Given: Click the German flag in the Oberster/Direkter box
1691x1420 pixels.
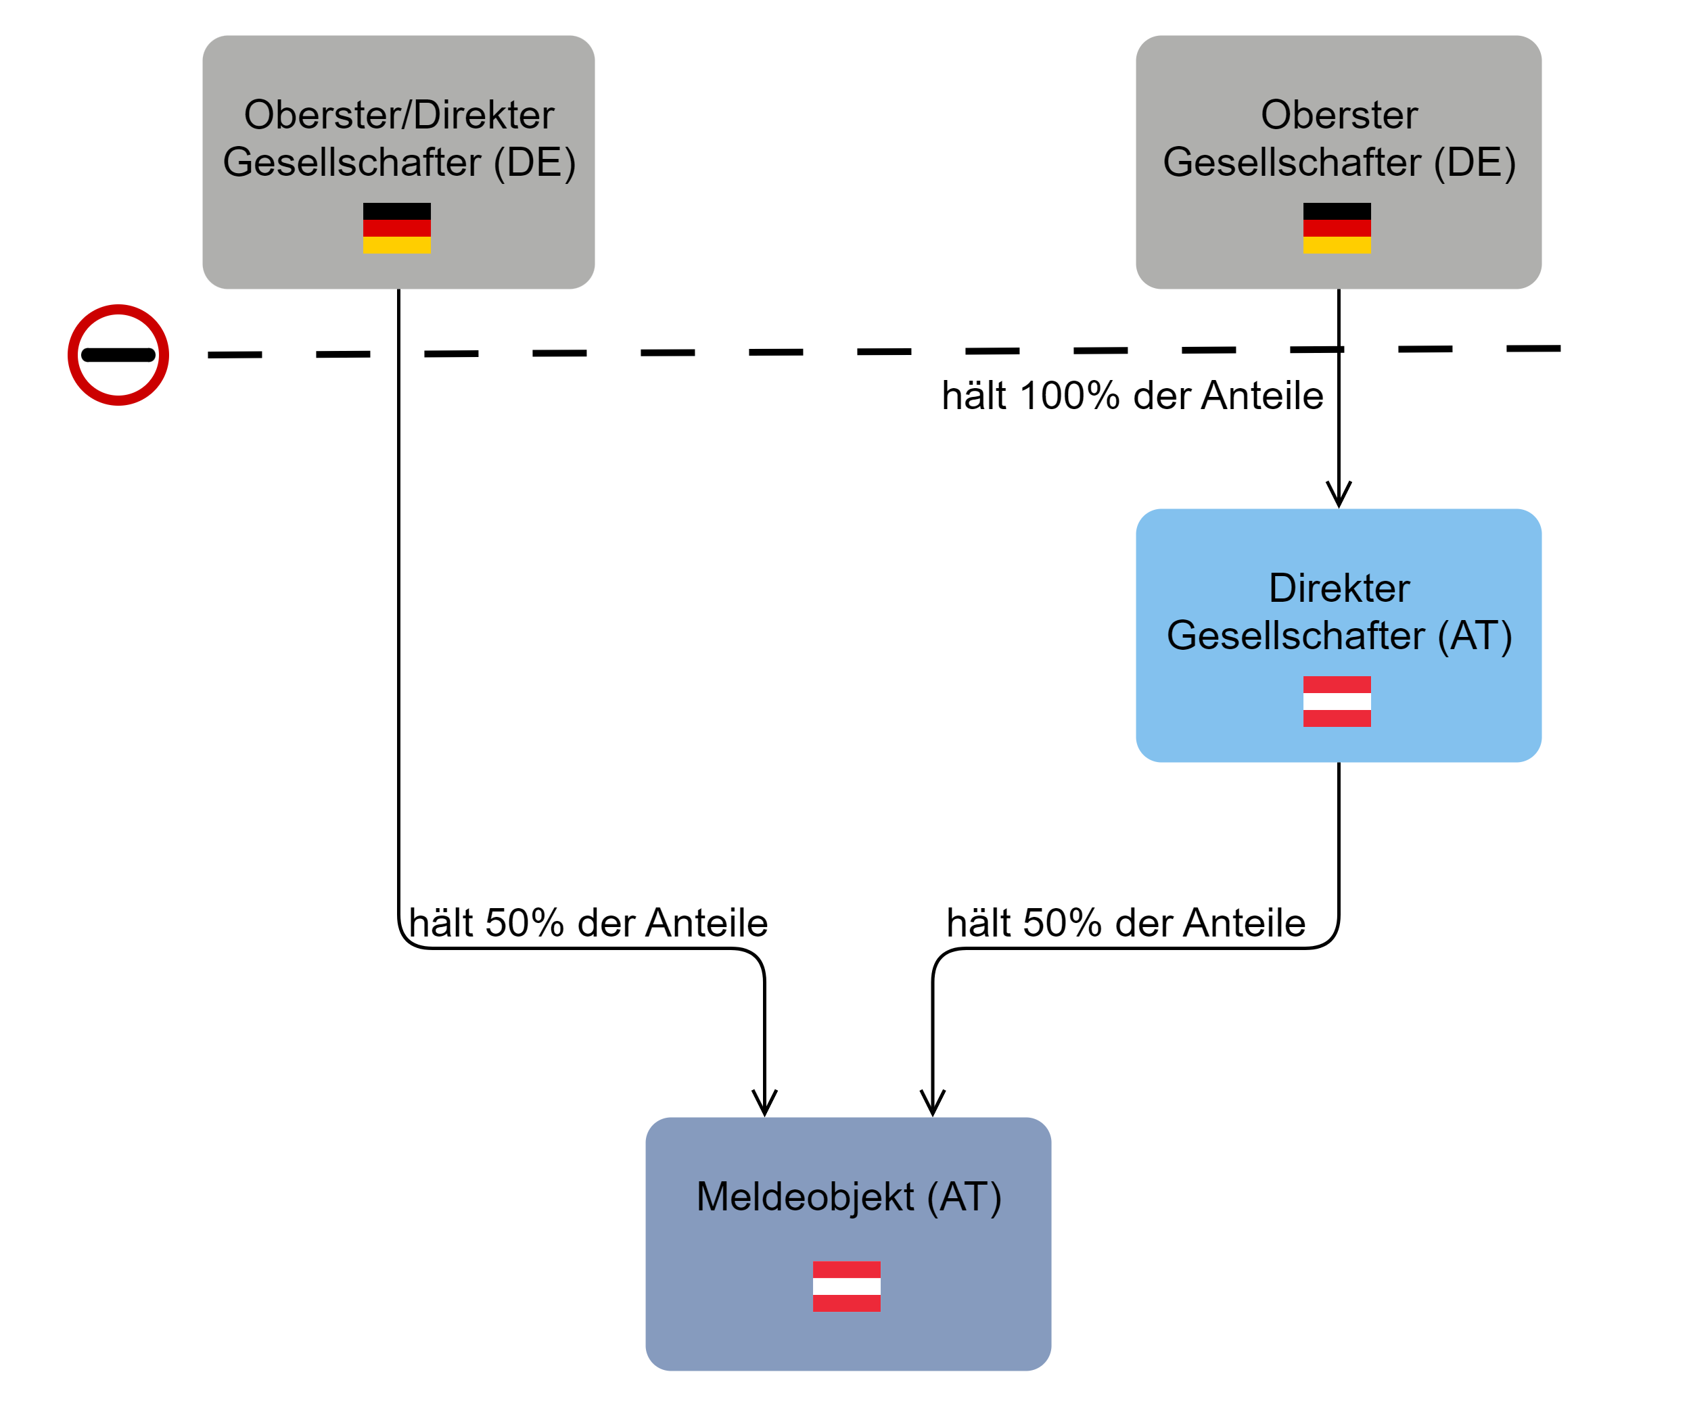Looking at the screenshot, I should [x=396, y=228].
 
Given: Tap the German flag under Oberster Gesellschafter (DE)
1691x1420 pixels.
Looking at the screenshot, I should [x=1337, y=228].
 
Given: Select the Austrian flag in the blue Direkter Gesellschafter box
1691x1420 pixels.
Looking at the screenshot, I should [x=1337, y=701].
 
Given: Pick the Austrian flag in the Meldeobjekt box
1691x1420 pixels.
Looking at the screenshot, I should [x=846, y=1286].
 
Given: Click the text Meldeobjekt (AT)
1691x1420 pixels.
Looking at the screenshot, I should [x=849, y=1197].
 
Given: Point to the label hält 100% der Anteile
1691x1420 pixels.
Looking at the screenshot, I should [x=1132, y=396].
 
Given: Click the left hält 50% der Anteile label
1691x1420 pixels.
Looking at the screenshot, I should [x=588, y=922].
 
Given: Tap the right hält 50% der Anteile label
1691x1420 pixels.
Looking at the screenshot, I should [x=1126, y=922].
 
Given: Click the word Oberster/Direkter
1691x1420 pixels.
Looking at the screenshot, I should [x=398, y=114].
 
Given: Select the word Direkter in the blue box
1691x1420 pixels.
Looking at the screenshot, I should [x=1339, y=588].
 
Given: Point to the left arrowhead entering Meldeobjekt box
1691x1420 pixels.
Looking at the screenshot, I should [x=764, y=1103].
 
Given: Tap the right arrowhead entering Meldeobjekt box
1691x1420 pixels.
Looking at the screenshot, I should [x=933, y=1103].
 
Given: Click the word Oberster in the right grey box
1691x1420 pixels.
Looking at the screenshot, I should [x=1339, y=114].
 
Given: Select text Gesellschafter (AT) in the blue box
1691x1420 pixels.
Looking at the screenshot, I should [x=1339, y=635].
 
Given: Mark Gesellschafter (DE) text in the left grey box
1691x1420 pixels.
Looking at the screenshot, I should [x=398, y=162].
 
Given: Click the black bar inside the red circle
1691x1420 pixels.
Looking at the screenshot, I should [x=118, y=355].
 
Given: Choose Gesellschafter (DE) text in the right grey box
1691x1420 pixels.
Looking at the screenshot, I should [x=1339, y=162].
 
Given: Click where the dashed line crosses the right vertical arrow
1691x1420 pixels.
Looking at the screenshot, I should [x=1339, y=350].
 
